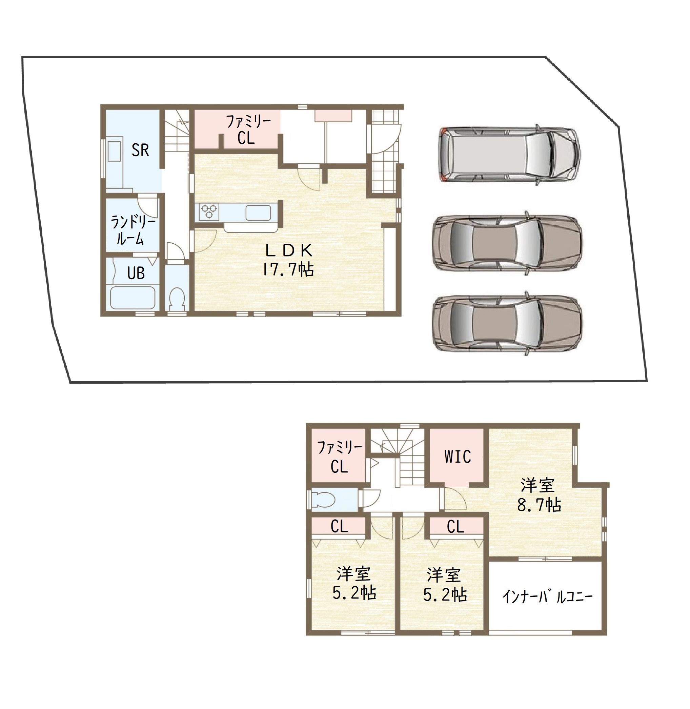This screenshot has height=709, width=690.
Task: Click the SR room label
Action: [x=140, y=150]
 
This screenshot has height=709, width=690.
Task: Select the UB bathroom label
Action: [x=136, y=273]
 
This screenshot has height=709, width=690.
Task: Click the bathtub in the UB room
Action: [x=132, y=298]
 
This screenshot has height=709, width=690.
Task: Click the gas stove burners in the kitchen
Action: [x=209, y=212]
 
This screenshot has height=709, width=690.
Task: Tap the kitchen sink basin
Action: [x=258, y=213]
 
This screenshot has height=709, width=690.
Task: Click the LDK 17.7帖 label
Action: [x=288, y=260]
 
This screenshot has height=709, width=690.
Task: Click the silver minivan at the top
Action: [x=509, y=155]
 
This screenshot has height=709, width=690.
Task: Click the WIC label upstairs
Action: [x=458, y=457]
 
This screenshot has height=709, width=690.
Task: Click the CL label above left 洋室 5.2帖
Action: [x=339, y=526]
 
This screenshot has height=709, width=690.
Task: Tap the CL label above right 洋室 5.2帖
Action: [x=455, y=526]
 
